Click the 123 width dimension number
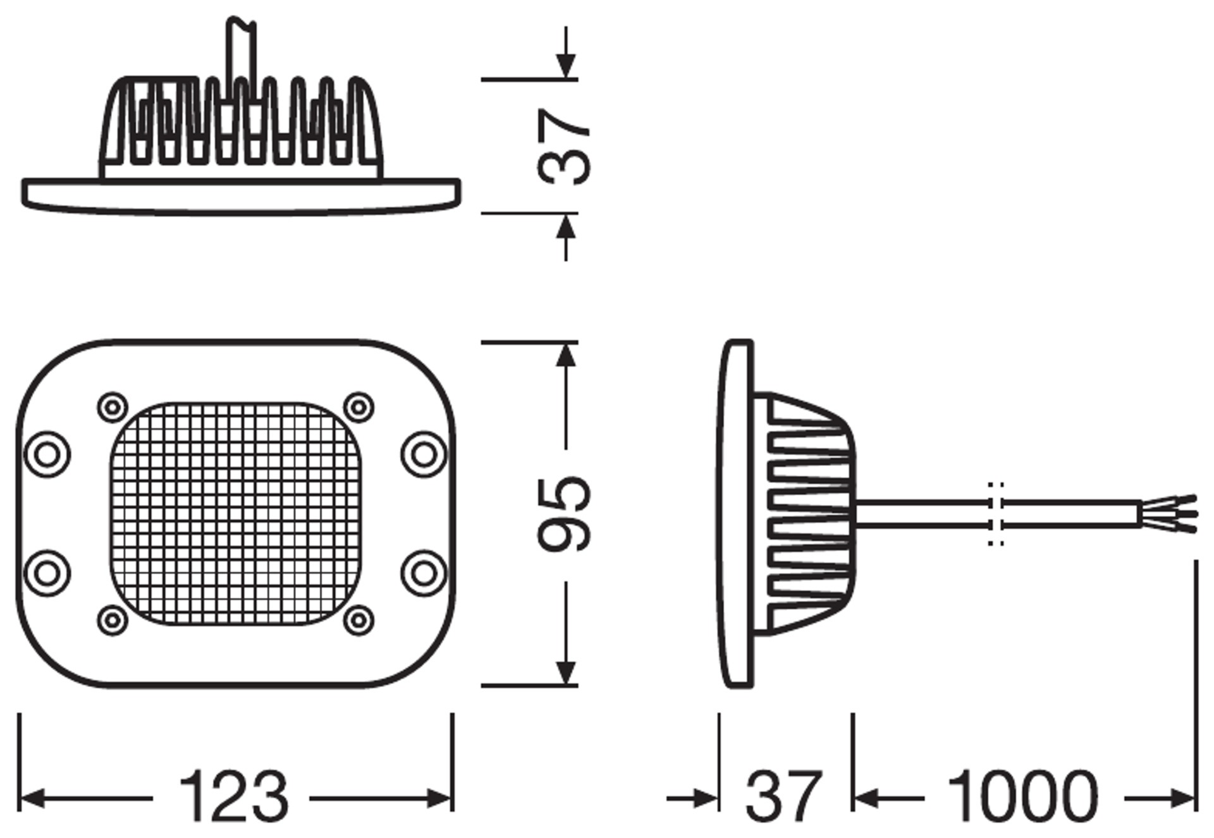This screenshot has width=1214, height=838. point(233,796)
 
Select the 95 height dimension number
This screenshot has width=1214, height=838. point(565,513)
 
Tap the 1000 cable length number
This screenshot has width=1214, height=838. point(1022,796)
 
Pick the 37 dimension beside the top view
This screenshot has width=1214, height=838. point(565,147)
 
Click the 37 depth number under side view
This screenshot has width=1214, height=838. point(784,796)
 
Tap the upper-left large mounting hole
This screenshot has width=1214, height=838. point(47,454)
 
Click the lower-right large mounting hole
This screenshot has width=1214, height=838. point(424,573)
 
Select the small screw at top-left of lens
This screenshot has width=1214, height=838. point(113,408)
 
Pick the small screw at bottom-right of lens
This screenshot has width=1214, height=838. point(358,620)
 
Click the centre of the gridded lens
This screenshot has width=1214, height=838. point(235,513)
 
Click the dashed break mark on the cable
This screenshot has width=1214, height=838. point(996,513)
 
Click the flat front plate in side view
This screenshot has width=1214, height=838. point(737,513)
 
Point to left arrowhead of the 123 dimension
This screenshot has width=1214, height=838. point(32,799)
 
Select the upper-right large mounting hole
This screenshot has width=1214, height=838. point(424,454)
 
